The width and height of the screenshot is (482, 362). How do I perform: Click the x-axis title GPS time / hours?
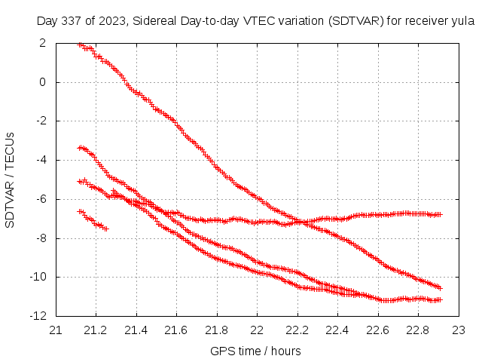coord(256,351)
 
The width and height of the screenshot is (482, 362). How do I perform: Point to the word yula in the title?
coord(461,21)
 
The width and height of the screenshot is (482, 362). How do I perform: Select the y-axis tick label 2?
coord(44,43)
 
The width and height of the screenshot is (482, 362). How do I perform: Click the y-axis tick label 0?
coord(44,82)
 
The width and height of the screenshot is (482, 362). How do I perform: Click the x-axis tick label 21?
coord(56,330)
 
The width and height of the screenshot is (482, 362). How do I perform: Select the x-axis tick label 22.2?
coord(297,330)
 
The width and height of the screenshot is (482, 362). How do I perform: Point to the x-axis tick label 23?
coord(458,330)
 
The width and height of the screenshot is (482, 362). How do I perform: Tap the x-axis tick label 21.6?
coord(176,330)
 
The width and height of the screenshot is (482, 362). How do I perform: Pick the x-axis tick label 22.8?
coord(417,330)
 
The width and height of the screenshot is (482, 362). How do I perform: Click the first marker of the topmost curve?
coord(81,44)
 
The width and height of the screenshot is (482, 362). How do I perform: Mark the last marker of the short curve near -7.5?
coord(106,229)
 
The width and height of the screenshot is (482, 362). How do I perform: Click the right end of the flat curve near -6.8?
coord(440,214)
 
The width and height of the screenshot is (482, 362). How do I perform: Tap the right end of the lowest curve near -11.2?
coord(440,299)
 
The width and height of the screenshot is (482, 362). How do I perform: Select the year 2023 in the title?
coord(106,21)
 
